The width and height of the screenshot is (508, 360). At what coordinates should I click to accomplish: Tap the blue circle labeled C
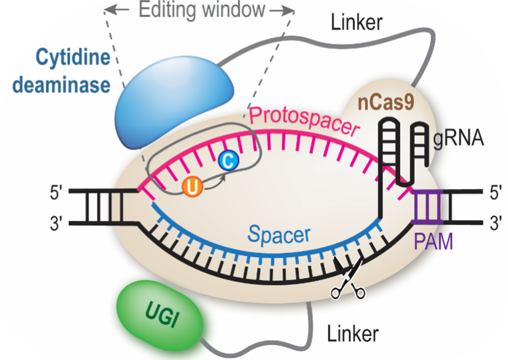click(x=227, y=161)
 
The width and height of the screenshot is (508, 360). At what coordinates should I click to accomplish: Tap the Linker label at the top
click(x=357, y=22)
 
